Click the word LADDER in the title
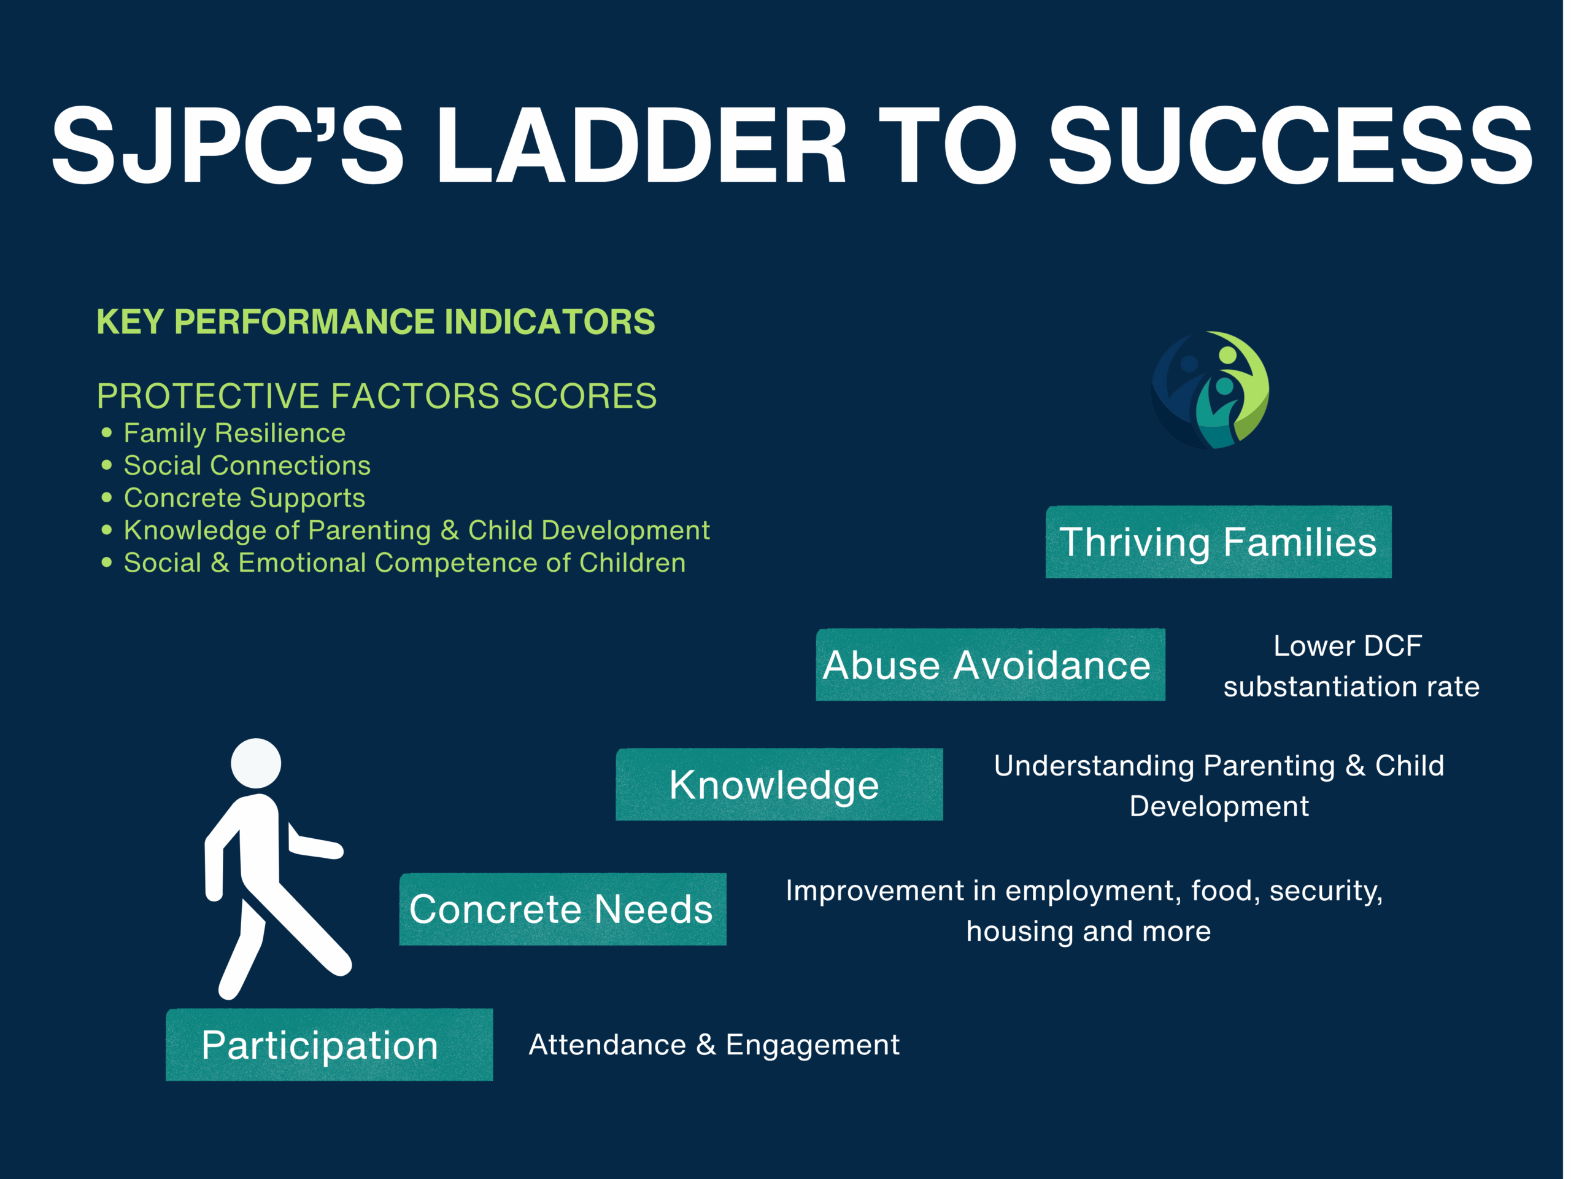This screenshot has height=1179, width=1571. click(641, 145)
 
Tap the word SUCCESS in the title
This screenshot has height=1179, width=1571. click(1291, 145)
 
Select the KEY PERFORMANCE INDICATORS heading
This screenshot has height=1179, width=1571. click(376, 321)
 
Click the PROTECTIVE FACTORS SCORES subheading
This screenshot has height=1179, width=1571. click(376, 396)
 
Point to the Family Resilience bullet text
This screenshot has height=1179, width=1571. click(234, 433)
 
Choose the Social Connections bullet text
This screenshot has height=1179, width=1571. click(247, 465)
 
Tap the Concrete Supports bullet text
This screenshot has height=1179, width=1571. click(244, 498)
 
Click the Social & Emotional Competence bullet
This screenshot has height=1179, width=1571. click(405, 563)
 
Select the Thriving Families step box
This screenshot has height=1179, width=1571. click(1219, 542)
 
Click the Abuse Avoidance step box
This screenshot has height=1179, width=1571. click(990, 664)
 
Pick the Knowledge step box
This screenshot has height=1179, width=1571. click(779, 785)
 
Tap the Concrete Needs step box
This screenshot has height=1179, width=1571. click(563, 909)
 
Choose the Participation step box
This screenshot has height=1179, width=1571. click(330, 1045)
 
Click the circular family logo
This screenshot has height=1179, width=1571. click(1210, 390)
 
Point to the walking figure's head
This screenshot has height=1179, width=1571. click(256, 763)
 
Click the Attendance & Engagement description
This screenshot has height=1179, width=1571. click(714, 1045)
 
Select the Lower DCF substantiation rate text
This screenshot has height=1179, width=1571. click(1351, 666)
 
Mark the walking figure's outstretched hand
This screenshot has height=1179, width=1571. click(334, 849)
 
